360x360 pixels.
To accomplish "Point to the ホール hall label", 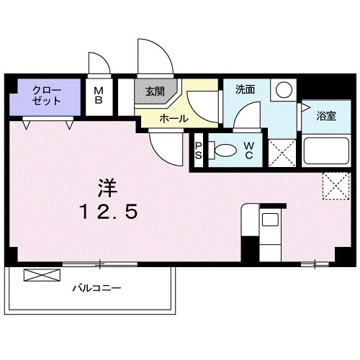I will [x=174, y=118].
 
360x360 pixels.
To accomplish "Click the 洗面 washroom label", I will [x=245, y=89].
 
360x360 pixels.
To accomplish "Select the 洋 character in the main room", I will [x=107, y=186].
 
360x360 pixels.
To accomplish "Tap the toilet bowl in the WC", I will [x=227, y=150].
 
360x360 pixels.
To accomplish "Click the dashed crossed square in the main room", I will [x=333, y=185].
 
